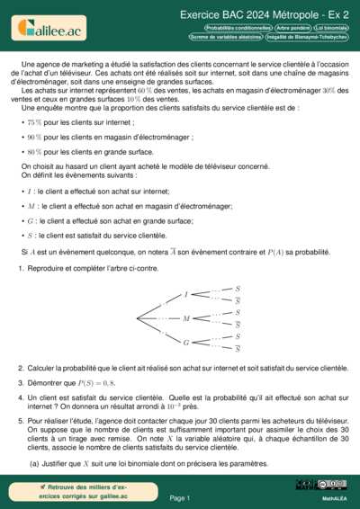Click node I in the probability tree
click(x=186, y=294)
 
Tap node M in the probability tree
click(x=186, y=318)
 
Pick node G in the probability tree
click(x=186, y=343)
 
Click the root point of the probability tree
click(x=135, y=318)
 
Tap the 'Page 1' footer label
click(x=180, y=496)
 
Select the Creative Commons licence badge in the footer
click(x=321, y=485)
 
